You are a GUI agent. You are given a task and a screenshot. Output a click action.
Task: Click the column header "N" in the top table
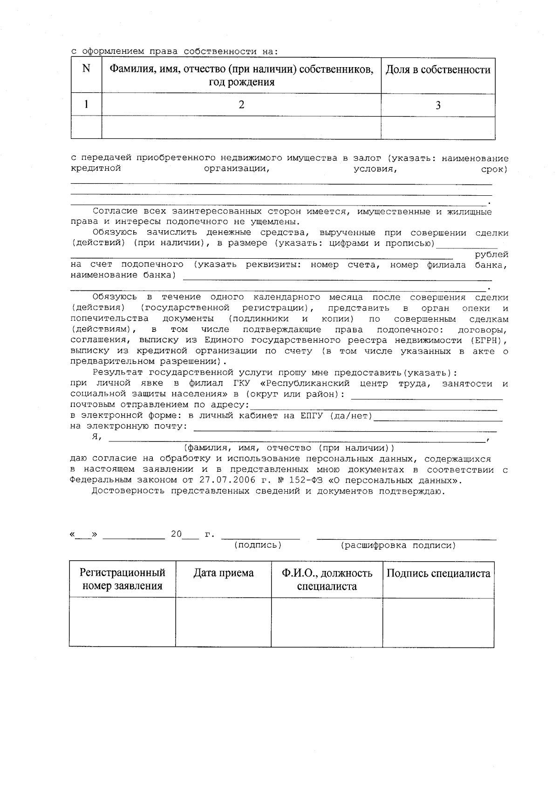click(86, 69)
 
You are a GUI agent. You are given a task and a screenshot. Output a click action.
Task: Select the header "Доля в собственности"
click(438, 70)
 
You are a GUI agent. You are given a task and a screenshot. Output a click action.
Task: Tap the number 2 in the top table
click(241, 105)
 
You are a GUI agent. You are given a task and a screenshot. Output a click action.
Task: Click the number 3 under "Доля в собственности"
click(438, 105)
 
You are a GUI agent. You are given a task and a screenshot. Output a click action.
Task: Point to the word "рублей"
click(491, 254)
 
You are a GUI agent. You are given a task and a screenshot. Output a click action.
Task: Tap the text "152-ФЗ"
click(301, 480)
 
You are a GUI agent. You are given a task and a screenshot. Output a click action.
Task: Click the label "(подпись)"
click(258, 545)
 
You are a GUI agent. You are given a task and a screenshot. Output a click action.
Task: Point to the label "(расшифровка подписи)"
click(398, 545)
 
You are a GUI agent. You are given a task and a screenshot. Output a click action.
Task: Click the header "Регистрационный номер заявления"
click(123, 579)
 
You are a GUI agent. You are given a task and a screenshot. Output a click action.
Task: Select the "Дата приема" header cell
click(224, 573)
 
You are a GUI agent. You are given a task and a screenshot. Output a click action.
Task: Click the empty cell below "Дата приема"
click(224, 622)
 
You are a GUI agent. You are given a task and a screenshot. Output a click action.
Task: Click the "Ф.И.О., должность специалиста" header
click(327, 579)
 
